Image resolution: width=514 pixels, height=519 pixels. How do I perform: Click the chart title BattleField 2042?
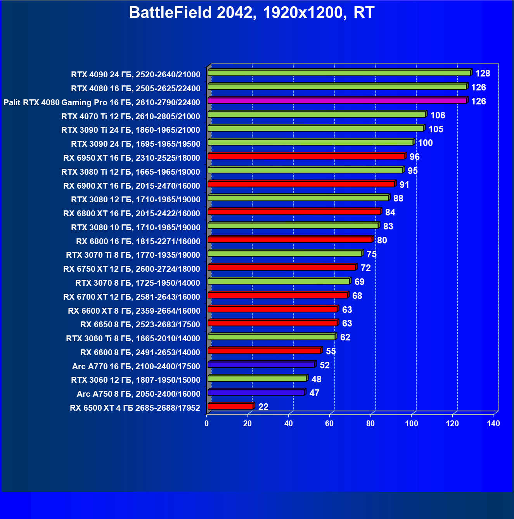pos(251,13)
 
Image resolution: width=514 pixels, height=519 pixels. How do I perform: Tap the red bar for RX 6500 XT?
pos(230,406)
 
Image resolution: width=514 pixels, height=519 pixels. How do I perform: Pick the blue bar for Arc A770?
pos(261,365)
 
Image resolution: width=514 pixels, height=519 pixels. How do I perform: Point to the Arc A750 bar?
pos(256,393)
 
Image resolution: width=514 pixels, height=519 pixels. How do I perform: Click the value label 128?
pos(483,73)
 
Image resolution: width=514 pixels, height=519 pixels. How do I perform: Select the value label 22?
pos(263,407)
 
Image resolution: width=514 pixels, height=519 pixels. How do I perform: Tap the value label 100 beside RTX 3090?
pos(425,143)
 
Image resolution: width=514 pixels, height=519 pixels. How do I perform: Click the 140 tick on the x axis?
pos(493,424)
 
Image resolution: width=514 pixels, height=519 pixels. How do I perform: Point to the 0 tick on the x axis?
pos(207,424)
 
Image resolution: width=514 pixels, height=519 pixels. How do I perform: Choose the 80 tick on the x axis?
pos(370,424)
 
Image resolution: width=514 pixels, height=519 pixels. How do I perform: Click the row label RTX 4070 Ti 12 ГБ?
pos(131,116)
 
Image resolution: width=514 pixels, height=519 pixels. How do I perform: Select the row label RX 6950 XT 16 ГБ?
pos(132,158)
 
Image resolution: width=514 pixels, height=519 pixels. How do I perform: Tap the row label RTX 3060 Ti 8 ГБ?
pos(133,338)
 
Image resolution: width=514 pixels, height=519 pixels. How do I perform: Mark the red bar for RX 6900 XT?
pos(301,184)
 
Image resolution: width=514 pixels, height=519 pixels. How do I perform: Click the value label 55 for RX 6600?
pos(331,351)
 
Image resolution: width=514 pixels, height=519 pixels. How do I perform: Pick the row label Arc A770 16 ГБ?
pos(136,366)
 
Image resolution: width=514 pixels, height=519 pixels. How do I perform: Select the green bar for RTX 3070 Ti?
pos(285,253)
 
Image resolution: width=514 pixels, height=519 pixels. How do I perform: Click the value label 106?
pos(438,115)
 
